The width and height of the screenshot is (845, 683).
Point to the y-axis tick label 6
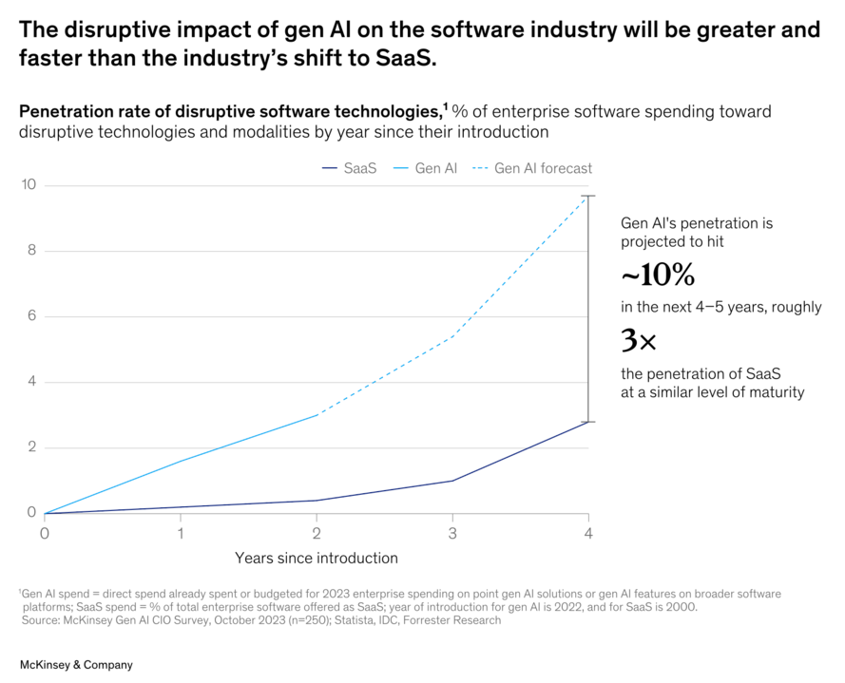click(x=31, y=316)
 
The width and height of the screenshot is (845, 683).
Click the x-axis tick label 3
click(x=452, y=533)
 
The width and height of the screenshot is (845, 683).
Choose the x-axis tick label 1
click(x=181, y=533)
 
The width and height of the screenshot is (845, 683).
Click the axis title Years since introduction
click(x=317, y=558)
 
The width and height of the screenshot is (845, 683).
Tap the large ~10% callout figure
click(x=658, y=276)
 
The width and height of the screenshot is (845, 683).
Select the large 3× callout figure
click(x=639, y=340)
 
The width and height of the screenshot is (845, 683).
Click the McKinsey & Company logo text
click(x=77, y=665)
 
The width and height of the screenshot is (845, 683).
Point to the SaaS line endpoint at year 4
click(x=588, y=421)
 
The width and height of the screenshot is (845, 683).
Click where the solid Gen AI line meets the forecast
click(x=317, y=414)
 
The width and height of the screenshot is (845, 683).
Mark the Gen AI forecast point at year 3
click(x=452, y=336)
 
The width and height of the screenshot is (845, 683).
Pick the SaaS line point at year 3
click(x=452, y=481)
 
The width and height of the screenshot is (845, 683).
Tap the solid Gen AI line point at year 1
click(x=181, y=461)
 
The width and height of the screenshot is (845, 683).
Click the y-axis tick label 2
click(x=31, y=447)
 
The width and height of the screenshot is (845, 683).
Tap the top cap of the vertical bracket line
click(x=588, y=196)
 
